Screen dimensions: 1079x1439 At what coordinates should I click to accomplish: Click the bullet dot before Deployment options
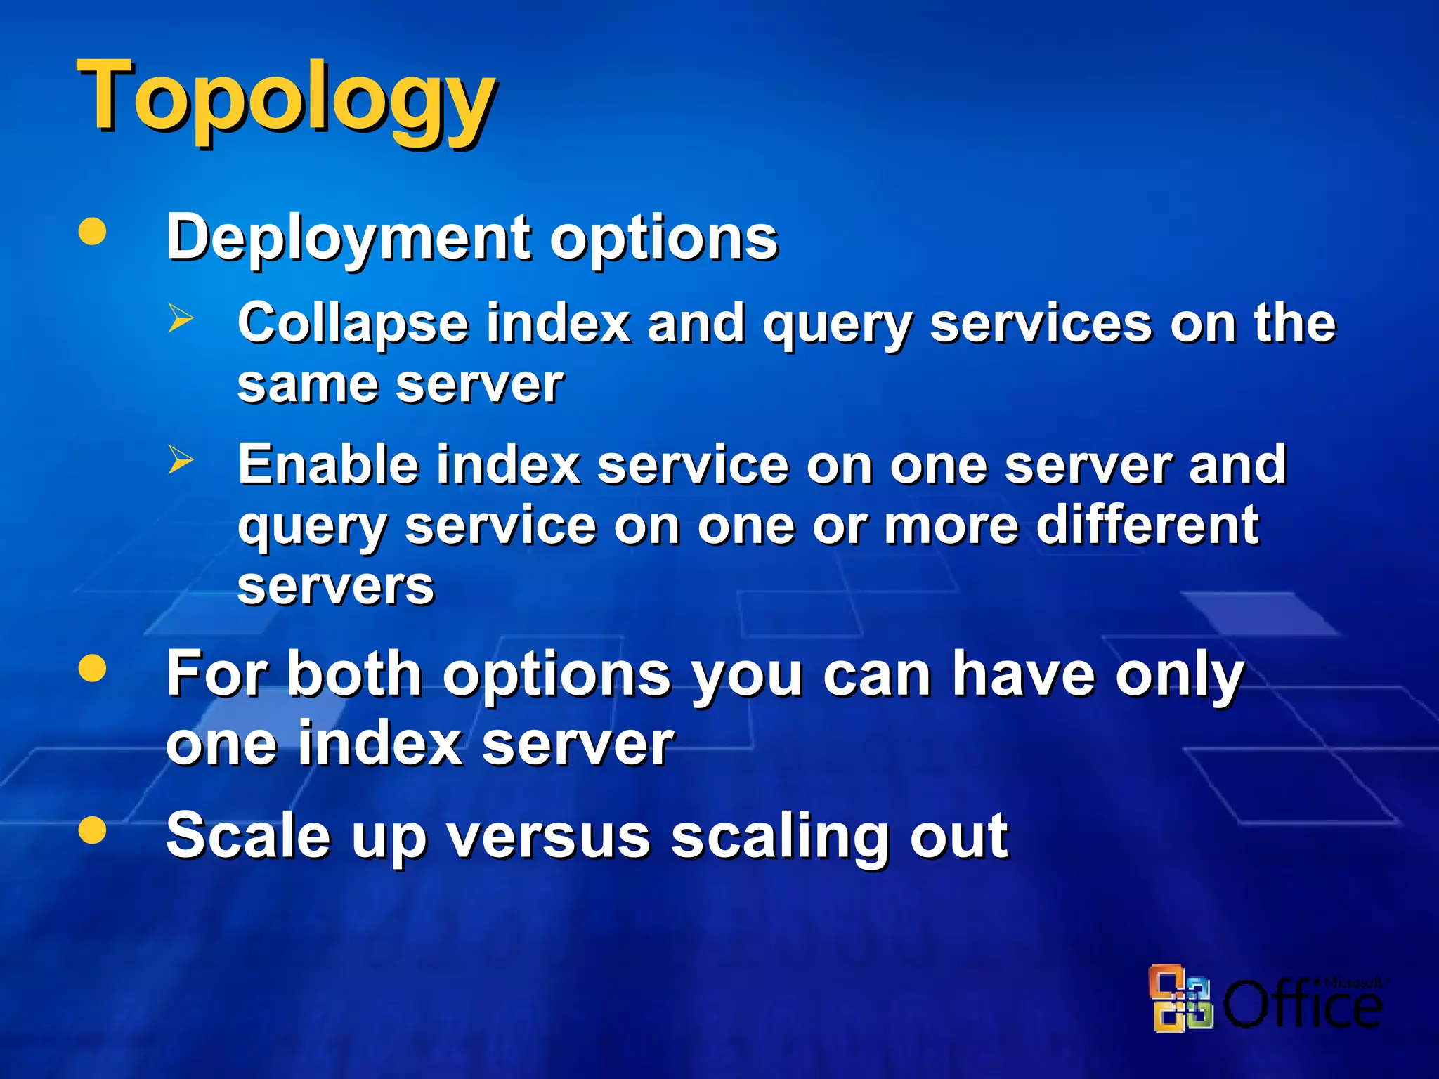(93, 232)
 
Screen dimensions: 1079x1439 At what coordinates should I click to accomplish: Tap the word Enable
(328, 465)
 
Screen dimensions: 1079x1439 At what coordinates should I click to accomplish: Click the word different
(1147, 525)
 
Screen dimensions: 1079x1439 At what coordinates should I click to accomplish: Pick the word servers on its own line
(336, 587)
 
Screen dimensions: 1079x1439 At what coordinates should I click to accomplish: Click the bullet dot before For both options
(93, 668)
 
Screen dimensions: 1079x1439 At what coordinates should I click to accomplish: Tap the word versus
(549, 836)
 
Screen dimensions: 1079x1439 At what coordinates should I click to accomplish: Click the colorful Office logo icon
(1180, 999)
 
